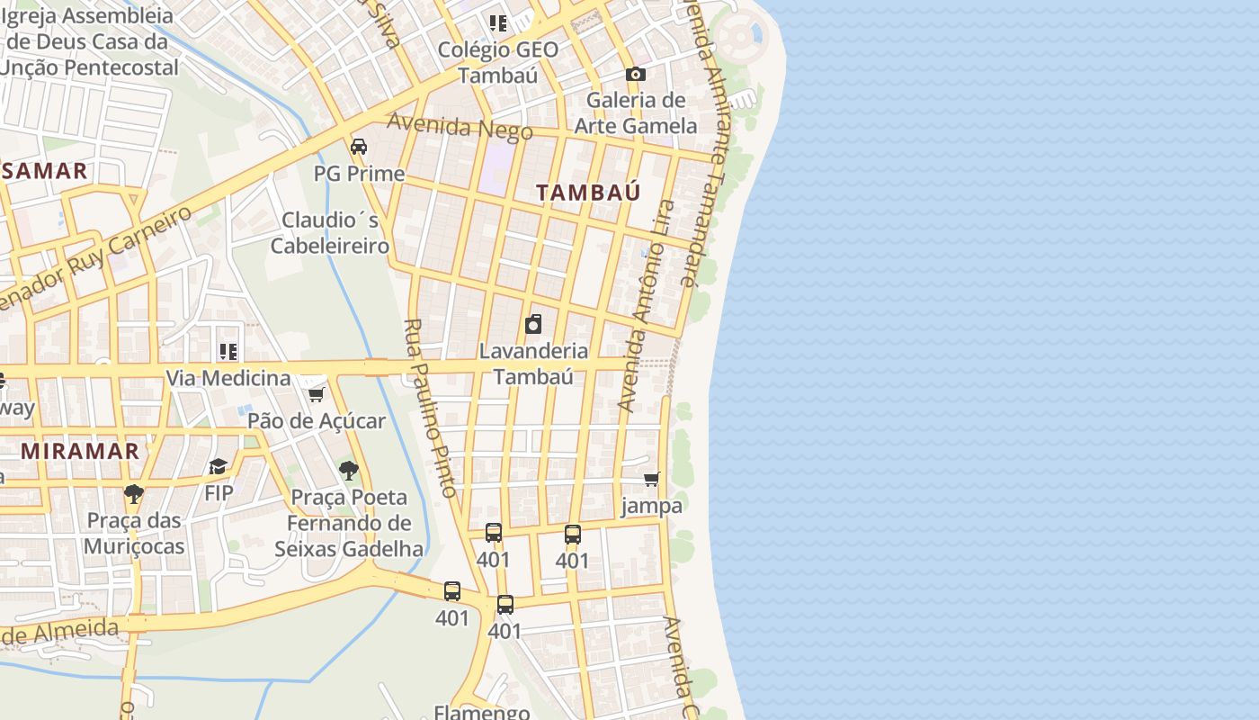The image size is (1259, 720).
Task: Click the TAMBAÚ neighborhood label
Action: pos(588,193)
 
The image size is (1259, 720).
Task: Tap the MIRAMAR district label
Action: pos(80,451)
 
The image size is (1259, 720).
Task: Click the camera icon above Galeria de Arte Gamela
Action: pos(636,74)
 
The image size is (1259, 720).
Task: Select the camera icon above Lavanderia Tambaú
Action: pos(533,324)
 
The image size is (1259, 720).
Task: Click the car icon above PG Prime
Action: pos(358,146)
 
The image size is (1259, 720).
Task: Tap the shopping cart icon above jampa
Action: pos(652,480)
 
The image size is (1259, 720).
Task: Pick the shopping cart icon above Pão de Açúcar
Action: pos(316,394)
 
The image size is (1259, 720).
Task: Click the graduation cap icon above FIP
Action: pos(218,466)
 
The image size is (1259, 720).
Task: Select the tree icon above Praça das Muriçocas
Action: pos(134,493)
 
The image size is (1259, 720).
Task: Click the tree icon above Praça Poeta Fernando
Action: pos(348,470)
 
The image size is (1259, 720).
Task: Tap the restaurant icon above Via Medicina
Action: pos(228,352)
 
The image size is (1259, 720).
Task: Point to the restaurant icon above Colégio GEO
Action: pos(497,22)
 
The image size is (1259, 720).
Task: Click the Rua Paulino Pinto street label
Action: pos(431,408)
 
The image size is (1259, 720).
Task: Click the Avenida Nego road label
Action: pos(460,127)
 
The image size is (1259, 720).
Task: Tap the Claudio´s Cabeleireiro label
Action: pos(330,233)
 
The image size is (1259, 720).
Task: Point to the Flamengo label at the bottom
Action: pos(481,712)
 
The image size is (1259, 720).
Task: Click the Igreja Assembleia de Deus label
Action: pos(90,41)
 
